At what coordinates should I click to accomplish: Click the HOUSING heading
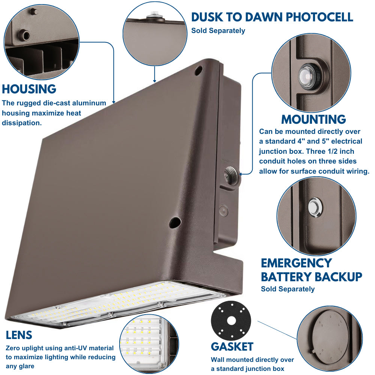[x=29, y=89]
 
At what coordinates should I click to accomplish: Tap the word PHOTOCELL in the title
[x=319, y=17]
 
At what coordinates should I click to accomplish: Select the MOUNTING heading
[x=313, y=119]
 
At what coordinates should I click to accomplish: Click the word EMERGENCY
[x=296, y=263]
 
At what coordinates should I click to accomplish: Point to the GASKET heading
[x=232, y=346]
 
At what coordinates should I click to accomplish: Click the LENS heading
[x=19, y=335]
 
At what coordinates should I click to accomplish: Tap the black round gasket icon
[x=231, y=321]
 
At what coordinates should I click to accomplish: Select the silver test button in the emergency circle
[x=315, y=207]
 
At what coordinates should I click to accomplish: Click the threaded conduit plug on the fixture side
[x=231, y=175]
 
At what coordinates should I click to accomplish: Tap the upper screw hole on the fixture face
[x=198, y=71]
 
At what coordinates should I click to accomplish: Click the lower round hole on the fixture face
[x=175, y=222]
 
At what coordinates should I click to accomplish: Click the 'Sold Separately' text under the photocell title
[x=218, y=31]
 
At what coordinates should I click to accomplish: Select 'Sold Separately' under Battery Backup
[x=288, y=289]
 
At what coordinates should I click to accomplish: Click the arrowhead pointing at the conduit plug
[x=240, y=174]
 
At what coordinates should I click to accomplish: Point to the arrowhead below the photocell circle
[x=154, y=81]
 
